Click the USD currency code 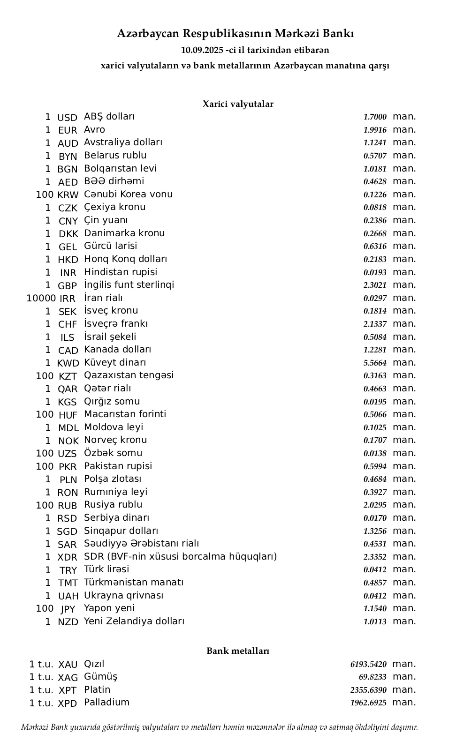point(67,118)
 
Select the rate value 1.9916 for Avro point(375,130)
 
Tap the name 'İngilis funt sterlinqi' point(129,285)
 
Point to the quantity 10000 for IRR point(41,298)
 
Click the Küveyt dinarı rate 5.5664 point(375,363)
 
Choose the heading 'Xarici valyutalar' point(238,104)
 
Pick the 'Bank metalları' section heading point(238,651)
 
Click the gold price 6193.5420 point(368,665)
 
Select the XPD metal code point(68,704)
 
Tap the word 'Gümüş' point(100,677)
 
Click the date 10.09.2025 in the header point(202,50)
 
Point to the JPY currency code point(68,609)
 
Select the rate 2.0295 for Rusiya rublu point(375,505)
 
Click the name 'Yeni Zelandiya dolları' point(134,621)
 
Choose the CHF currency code point(68,324)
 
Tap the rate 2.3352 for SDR point(375,557)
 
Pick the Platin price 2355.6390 point(368,690)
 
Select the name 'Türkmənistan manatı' point(134,583)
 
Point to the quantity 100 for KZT point(45,376)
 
